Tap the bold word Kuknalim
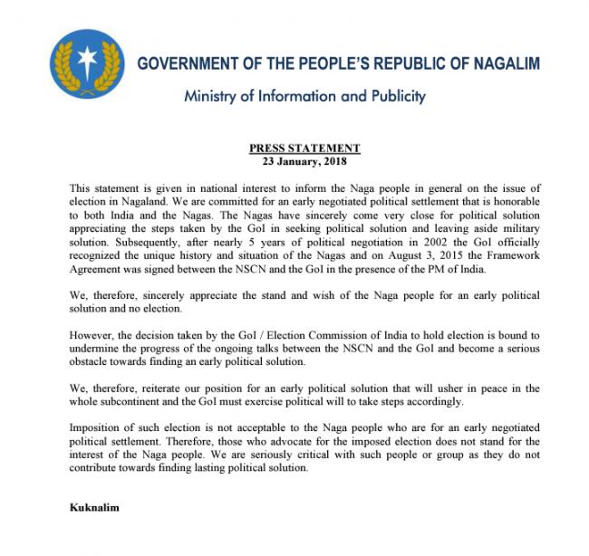[94, 507]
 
